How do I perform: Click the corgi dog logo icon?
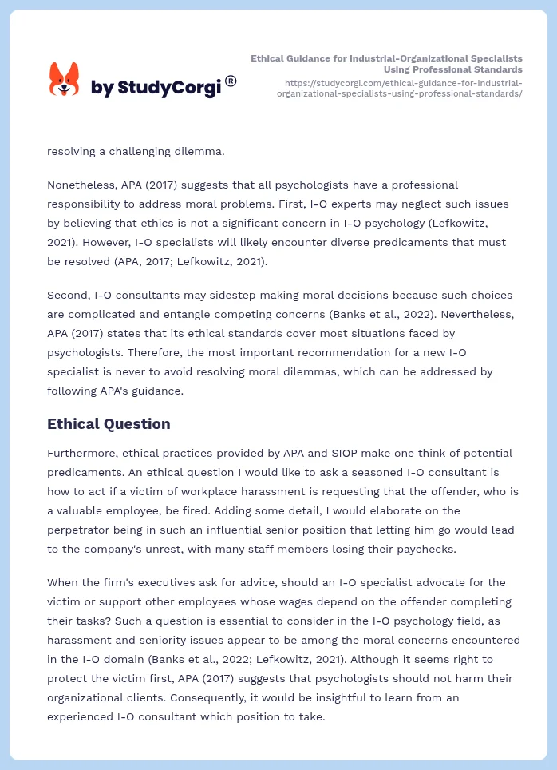tap(65, 80)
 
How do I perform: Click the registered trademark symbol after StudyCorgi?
tap(231, 81)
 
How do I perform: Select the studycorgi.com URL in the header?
tap(399, 88)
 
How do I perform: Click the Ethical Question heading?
tap(109, 423)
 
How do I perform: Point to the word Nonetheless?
tap(79, 185)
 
